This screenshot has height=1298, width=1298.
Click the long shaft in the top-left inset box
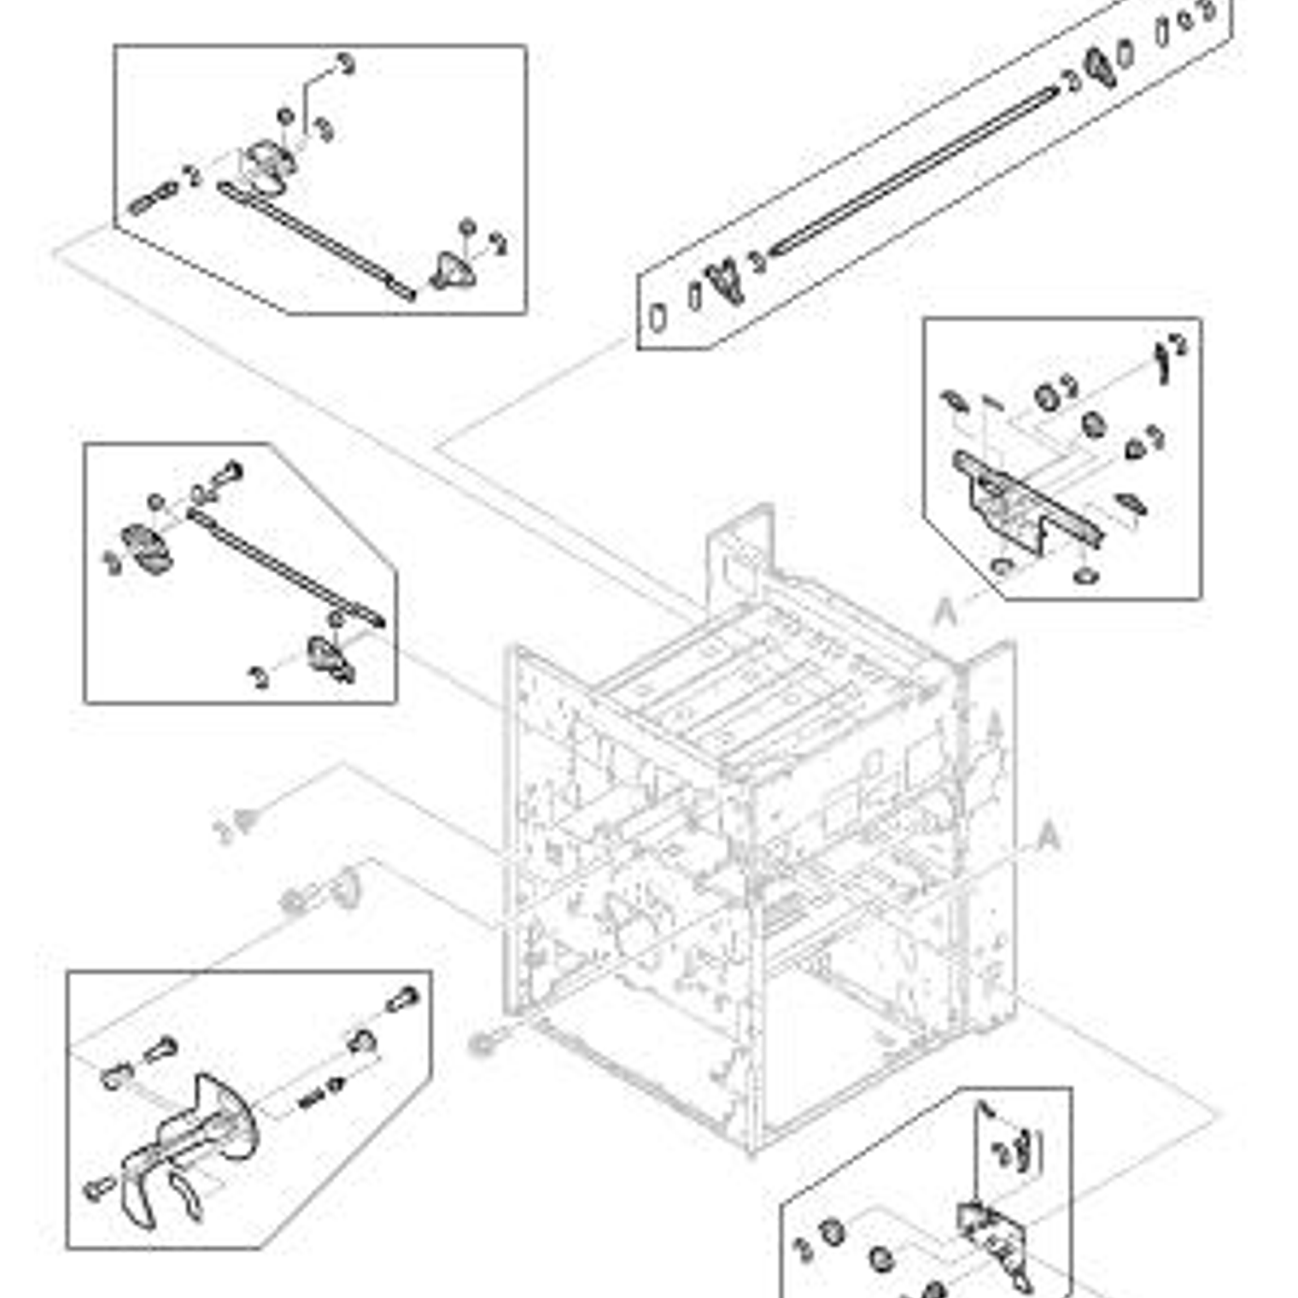[x=316, y=241]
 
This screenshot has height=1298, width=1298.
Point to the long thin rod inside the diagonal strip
[x=914, y=171]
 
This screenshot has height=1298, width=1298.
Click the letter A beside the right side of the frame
[x=1048, y=836]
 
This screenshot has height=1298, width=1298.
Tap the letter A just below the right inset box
[x=944, y=612]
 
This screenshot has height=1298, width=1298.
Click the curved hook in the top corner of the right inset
[x=1162, y=360]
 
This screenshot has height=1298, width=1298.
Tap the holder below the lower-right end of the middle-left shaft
[x=329, y=658]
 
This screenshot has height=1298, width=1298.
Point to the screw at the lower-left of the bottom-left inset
[x=99, y=1186]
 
